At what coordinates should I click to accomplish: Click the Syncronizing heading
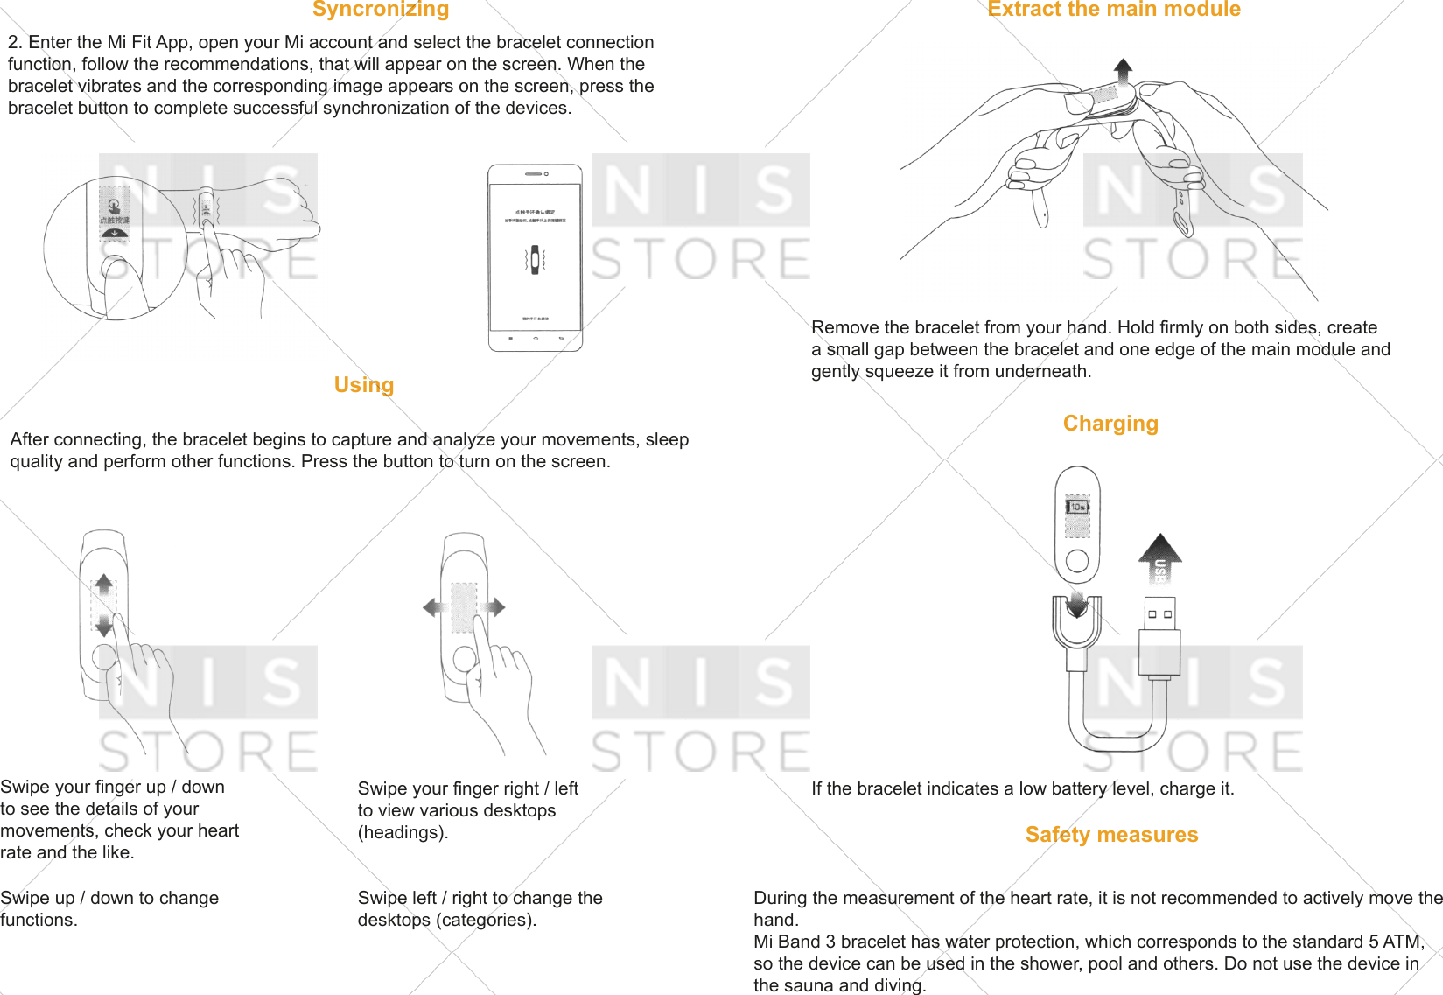[x=381, y=10]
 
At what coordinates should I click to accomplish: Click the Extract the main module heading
[x=1113, y=10]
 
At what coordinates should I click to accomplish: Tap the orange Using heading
[x=364, y=385]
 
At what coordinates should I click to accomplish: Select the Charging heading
[x=1110, y=424]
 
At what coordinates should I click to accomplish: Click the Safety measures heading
[x=1111, y=835]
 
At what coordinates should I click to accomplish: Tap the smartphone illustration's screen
[x=536, y=258]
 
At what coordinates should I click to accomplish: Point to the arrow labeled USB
[x=1160, y=560]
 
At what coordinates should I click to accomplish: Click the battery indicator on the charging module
[x=1077, y=507]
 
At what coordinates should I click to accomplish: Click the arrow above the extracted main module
[x=1124, y=69]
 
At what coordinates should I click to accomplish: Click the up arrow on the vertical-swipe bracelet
[x=104, y=584]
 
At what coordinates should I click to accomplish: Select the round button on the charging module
[x=1077, y=561]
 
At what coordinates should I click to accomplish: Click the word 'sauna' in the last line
[x=809, y=985]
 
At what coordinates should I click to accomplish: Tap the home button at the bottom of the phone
[x=536, y=338]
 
